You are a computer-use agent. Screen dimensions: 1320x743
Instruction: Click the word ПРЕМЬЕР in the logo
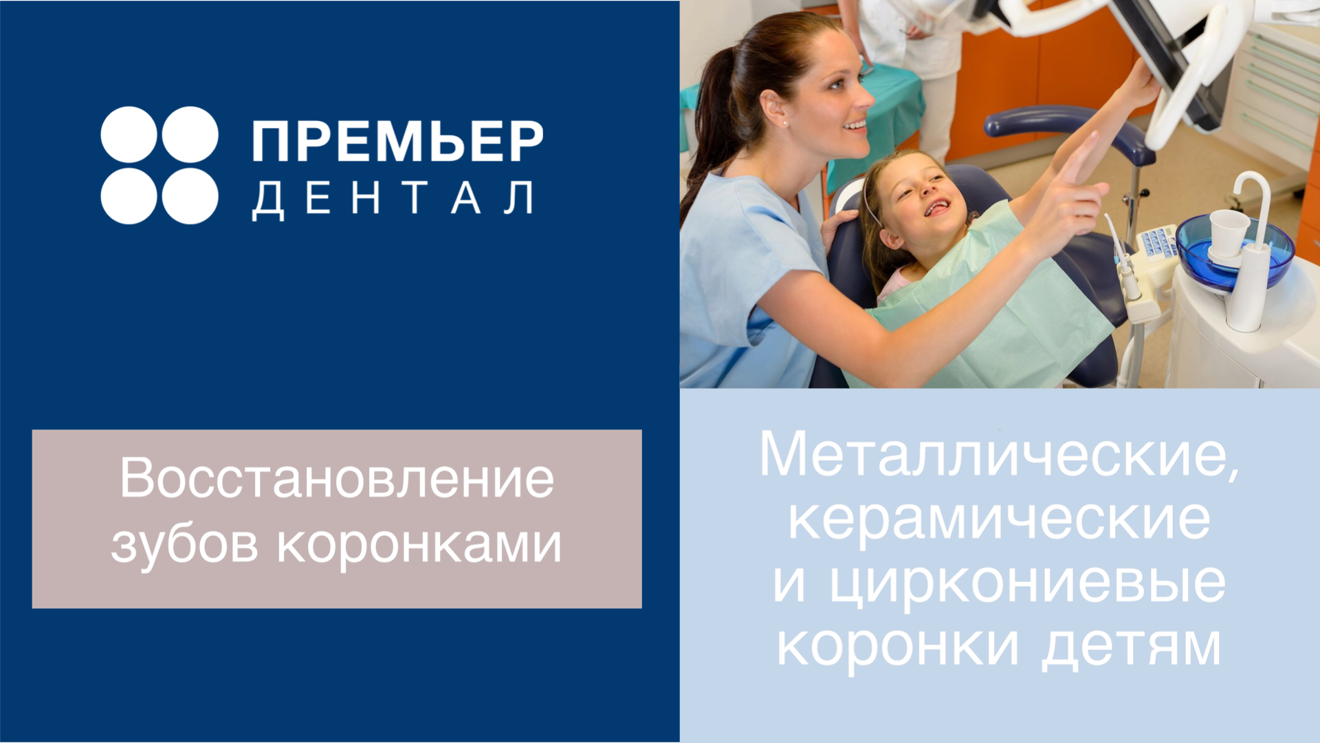(x=397, y=141)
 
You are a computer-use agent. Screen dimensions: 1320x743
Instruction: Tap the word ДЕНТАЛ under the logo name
(x=393, y=200)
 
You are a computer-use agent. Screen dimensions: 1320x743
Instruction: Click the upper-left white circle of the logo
(x=129, y=134)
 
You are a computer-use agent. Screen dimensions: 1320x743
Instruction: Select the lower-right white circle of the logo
(x=190, y=196)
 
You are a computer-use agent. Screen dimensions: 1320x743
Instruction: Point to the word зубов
(x=185, y=546)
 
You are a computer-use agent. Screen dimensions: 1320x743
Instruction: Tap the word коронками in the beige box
(x=419, y=546)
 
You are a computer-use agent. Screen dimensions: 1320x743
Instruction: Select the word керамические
(x=999, y=521)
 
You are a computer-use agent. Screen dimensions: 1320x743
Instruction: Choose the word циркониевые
(x=1028, y=583)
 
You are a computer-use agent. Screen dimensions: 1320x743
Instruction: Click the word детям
(x=1132, y=648)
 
